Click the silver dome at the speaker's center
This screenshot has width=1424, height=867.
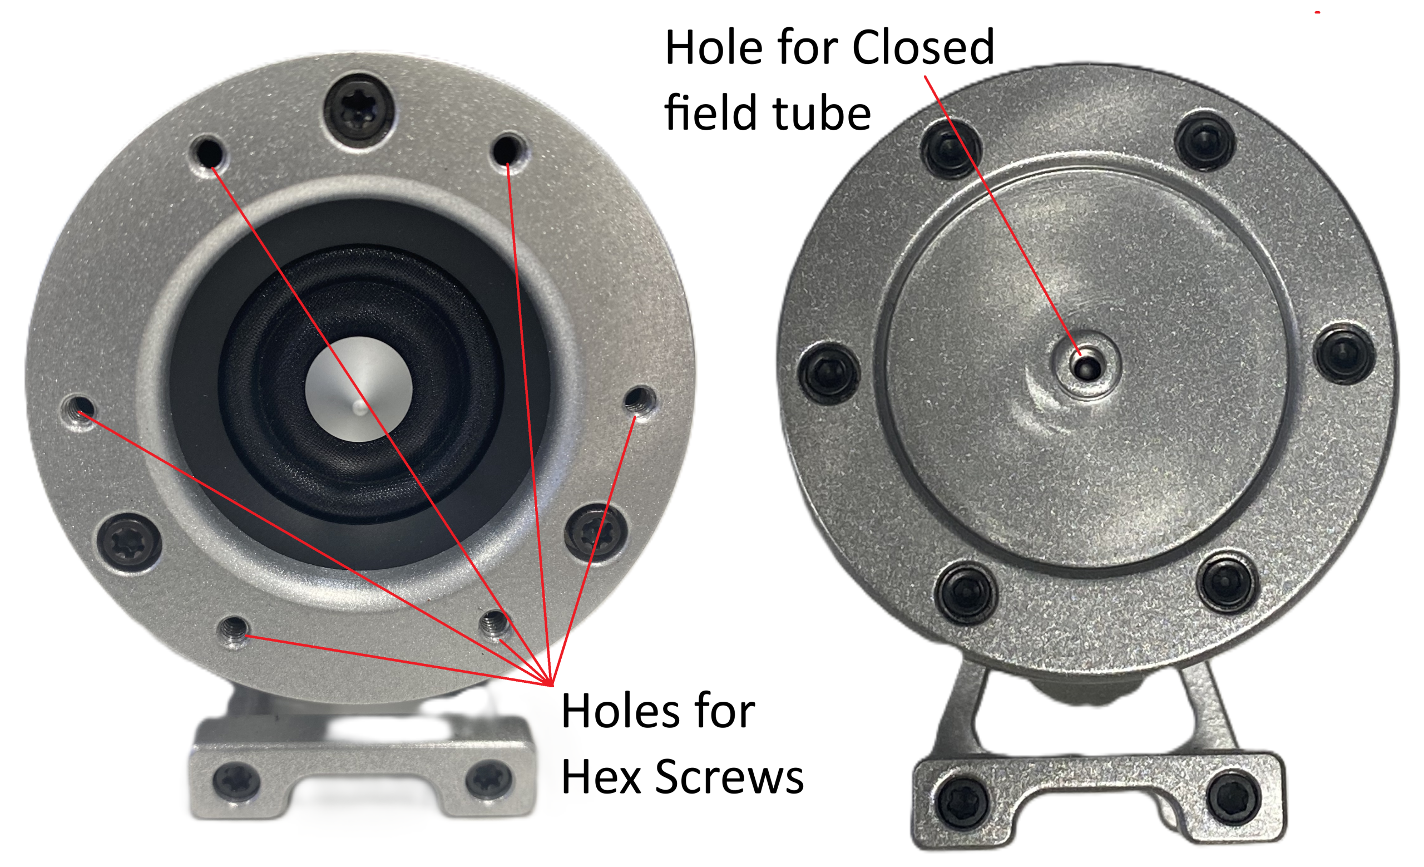click(358, 389)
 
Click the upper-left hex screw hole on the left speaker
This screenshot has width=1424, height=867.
click(208, 152)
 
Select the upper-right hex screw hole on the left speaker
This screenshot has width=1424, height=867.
click(507, 150)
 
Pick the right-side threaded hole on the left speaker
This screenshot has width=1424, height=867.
click(639, 400)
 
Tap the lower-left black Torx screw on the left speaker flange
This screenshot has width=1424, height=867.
click(129, 542)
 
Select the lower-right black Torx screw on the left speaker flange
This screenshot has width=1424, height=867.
click(595, 531)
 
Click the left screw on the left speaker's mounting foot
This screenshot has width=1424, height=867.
click(236, 780)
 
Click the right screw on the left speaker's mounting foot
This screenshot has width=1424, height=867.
click(489, 779)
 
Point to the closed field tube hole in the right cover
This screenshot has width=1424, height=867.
click(1087, 366)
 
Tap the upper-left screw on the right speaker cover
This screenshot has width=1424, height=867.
click(950, 149)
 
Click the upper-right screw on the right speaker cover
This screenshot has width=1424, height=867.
click(1205, 140)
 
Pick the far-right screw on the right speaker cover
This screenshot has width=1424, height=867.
click(1344, 354)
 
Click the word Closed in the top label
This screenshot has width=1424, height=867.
click(923, 47)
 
